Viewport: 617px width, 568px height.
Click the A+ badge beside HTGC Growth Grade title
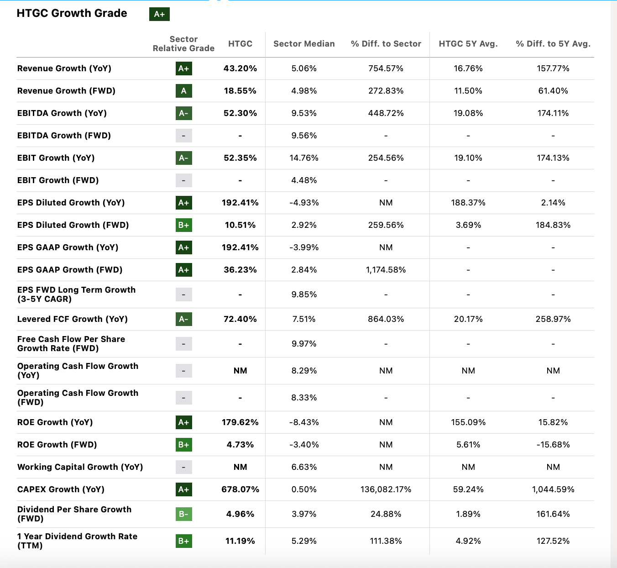[x=159, y=14]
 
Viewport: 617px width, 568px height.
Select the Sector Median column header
[x=304, y=44]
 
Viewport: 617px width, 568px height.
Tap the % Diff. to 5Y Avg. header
[x=553, y=44]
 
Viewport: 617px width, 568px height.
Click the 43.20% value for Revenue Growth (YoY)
[x=240, y=68]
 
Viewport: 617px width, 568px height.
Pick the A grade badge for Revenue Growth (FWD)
[x=183, y=91]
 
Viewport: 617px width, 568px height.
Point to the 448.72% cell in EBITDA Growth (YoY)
[x=386, y=113]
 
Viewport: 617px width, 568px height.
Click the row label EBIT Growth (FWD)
[x=58, y=180]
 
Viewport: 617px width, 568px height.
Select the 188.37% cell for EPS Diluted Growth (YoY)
[x=468, y=203]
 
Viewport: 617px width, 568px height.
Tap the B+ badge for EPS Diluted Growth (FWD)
[x=183, y=225]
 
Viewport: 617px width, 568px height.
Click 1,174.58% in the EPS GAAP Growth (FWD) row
[x=386, y=270]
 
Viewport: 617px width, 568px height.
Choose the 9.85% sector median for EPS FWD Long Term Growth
[x=304, y=295]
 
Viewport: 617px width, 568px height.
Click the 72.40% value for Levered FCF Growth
[x=240, y=319]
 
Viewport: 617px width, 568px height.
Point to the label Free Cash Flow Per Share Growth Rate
[x=71, y=344]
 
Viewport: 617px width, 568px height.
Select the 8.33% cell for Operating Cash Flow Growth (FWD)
[x=304, y=398]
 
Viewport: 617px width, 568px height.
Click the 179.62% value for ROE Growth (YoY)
[x=240, y=422]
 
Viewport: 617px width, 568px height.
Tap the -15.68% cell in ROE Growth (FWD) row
[x=553, y=445]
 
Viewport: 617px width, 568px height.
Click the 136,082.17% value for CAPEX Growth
[x=386, y=489]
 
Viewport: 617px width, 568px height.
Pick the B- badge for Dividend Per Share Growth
[x=183, y=514]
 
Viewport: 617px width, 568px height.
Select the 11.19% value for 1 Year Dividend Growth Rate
[x=240, y=541]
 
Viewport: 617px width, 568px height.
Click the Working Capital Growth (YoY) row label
[x=80, y=467]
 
